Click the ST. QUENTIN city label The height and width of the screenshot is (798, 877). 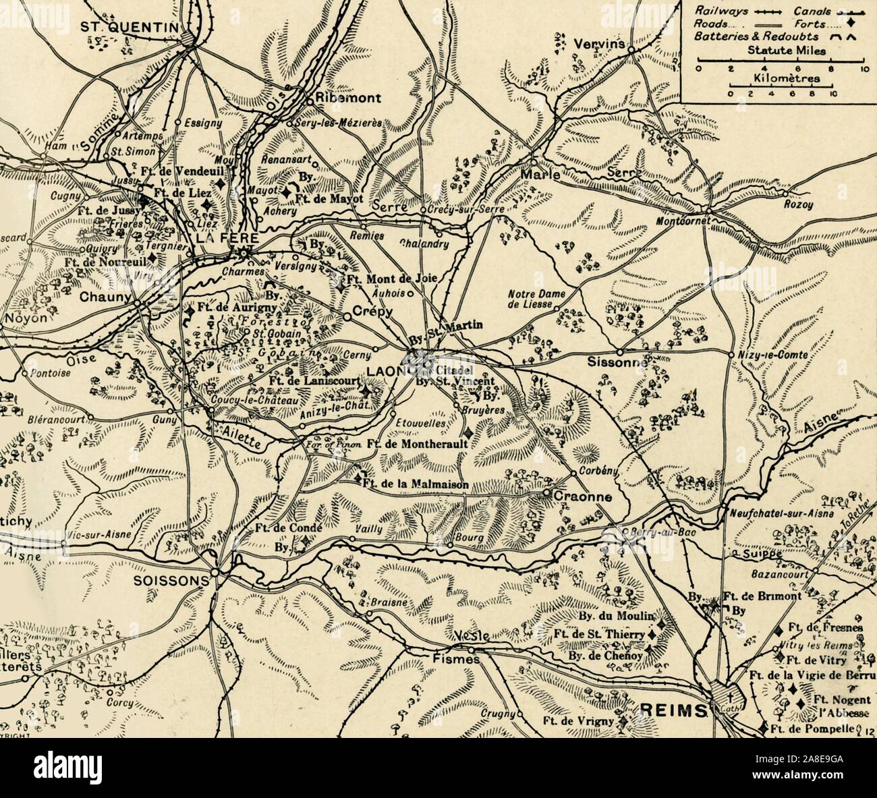click(128, 26)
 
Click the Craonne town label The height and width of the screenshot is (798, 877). click(583, 497)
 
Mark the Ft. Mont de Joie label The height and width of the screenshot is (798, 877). click(393, 278)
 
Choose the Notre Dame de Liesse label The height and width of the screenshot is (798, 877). click(533, 299)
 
